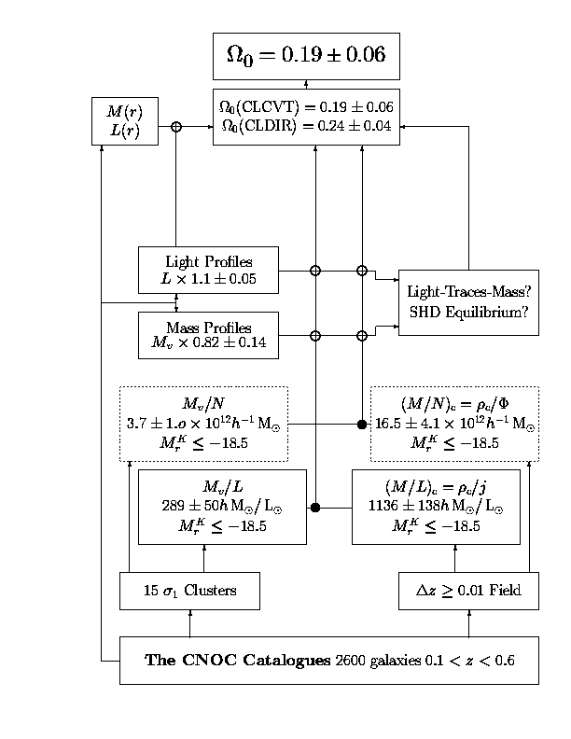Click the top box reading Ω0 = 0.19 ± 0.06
tap(306, 56)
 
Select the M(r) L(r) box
tap(124, 120)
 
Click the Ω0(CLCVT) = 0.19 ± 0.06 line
tap(306, 108)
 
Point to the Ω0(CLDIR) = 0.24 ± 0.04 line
tap(306, 128)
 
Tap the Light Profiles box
tap(208, 270)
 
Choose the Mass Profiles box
tap(208, 335)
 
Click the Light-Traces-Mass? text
tap(467, 291)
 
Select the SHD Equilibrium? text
tap(467, 313)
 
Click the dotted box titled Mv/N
tap(203, 424)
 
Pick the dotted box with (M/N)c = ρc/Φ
tap(454, 424)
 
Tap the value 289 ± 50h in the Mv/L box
tap(201, 507)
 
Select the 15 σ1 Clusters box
tap(189, 591)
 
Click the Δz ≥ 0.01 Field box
tap(468, 591)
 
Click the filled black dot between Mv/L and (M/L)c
tap(315, 508)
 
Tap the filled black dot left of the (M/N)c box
tap(362, 425)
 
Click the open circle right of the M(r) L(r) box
tap(175, 126)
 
